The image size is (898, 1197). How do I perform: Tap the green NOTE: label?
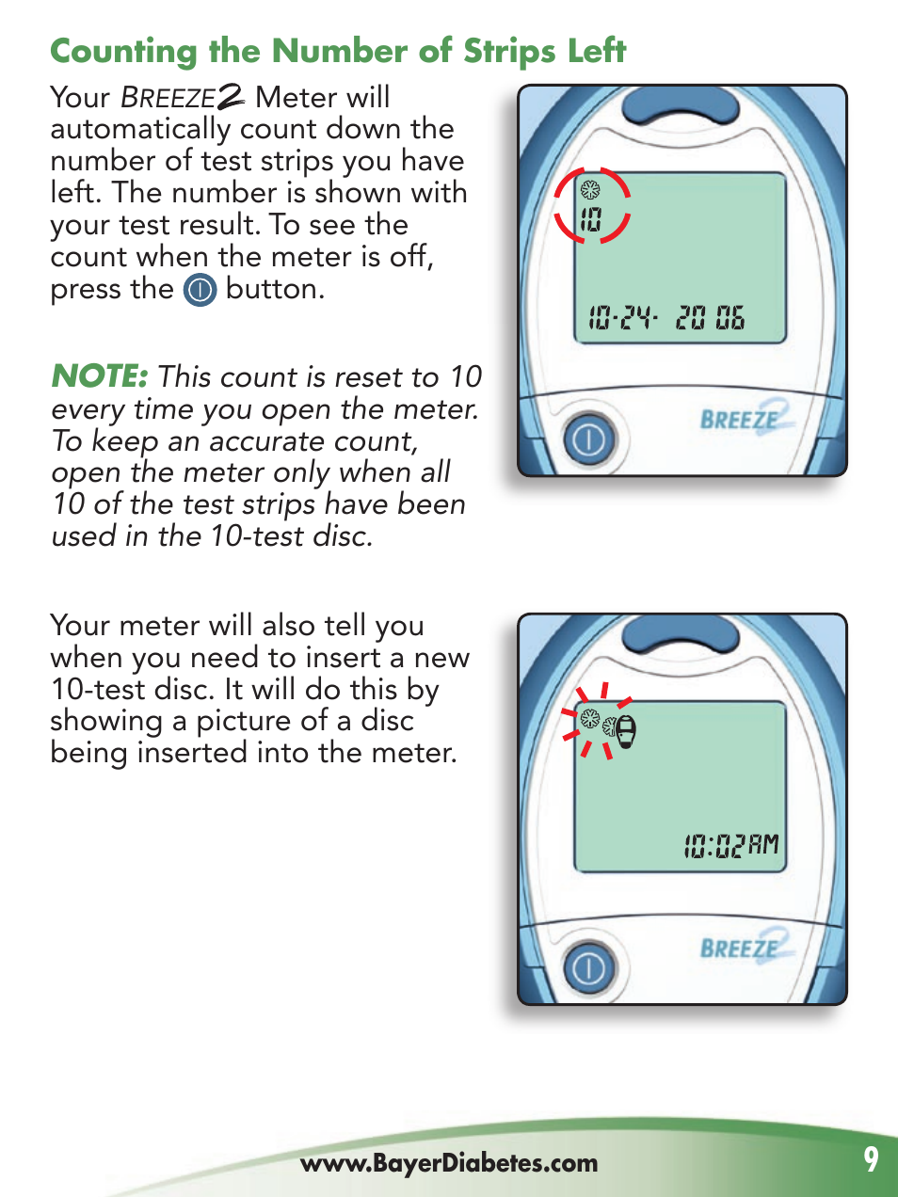pos(100,376)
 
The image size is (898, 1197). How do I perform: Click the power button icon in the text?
pos(200,290)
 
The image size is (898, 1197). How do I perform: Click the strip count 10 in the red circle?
pos(590,220)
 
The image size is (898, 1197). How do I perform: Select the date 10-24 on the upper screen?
pos(621,318)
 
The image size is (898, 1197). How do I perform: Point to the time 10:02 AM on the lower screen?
pos(731,845)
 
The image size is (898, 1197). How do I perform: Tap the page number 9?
pos(871,1159)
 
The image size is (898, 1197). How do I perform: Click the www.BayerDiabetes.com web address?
pos(449,1163)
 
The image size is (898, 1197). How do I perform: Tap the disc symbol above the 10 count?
pos(590,190)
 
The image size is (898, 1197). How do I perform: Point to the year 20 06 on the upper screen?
pos(710,318)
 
